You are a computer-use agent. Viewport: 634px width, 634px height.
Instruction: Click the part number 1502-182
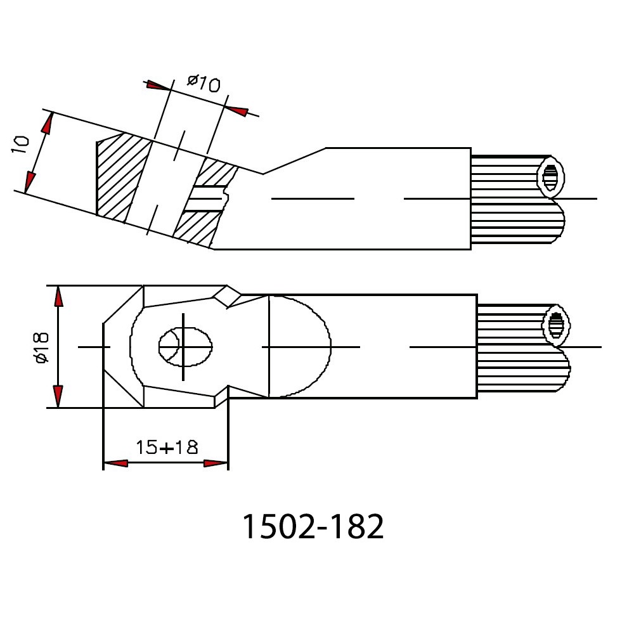click(313, 526)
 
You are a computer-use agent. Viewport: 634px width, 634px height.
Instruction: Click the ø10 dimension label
click(204, 83)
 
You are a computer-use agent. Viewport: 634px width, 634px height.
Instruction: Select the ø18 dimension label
click(42, 347)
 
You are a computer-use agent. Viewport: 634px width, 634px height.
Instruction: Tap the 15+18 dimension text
click(167, 447)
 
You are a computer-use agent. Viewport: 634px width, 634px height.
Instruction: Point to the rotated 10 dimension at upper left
click(20, 145)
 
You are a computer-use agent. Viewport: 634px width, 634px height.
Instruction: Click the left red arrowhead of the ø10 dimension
click(158, 86)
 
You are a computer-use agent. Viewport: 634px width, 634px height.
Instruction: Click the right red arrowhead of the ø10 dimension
click(236, 111)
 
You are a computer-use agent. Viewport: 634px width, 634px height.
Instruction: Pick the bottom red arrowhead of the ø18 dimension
click(58, 396)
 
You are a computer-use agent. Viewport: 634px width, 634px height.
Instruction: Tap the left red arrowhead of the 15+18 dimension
click(116, 463)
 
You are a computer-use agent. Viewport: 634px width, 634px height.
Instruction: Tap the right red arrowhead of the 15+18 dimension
click(216, 463)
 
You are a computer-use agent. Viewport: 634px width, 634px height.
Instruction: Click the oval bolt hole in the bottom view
click(185, 347)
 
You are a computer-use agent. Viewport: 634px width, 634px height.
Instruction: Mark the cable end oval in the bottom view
click(557, 325)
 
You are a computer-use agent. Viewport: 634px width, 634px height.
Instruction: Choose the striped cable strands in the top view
click(517, 199)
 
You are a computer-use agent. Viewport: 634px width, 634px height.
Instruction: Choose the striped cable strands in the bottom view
click(524, 347)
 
